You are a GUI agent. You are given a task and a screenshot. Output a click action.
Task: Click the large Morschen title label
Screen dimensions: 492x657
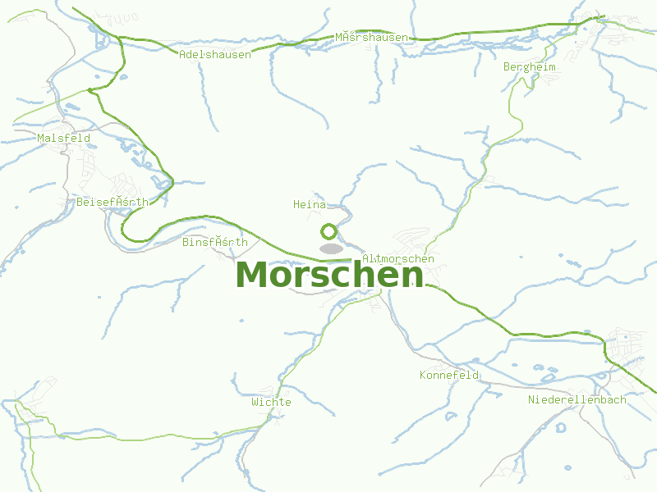329,275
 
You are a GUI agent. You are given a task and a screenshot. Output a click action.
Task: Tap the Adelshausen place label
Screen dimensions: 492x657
215,55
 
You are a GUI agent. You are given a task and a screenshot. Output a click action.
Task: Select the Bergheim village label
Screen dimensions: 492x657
530,67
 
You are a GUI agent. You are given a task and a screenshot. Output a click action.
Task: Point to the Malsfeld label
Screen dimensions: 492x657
64,139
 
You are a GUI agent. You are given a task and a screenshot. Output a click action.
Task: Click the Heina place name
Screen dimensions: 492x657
310,204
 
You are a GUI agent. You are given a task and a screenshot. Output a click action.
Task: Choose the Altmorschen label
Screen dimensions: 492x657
398,259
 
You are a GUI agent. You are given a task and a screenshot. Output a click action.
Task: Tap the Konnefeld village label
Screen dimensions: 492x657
449,376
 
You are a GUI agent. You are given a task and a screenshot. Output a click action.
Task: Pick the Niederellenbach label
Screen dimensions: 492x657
577,400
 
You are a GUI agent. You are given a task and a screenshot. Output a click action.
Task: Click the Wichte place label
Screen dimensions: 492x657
271,403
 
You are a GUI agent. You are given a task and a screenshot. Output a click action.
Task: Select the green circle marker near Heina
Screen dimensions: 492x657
328,231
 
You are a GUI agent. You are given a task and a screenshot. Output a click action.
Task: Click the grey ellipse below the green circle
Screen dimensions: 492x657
331,248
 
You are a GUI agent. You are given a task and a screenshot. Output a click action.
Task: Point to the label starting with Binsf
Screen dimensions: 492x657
215,243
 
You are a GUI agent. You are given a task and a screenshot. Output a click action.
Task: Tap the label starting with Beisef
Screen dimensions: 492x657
113,202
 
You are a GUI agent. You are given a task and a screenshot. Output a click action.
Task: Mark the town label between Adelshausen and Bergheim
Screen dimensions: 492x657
371,38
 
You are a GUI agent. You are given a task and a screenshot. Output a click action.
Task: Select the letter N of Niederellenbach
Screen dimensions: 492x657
532,400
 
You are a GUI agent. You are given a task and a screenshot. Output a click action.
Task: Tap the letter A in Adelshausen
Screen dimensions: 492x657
182,55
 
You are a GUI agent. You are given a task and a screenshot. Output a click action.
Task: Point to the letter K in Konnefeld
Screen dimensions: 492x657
423,376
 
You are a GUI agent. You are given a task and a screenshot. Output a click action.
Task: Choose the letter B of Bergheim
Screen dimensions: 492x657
508,67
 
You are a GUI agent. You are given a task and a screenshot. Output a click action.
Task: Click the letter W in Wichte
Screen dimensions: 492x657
255,403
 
